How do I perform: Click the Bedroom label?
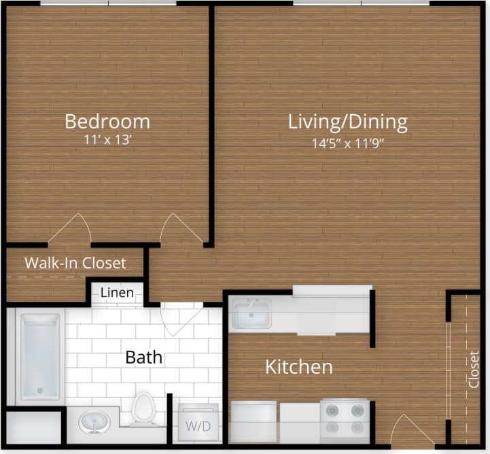pyautogui.click(x=107, y=122)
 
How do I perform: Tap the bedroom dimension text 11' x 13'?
pyautogui.click(x=107, y=141)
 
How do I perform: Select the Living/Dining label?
pyautogui.click(x=347, y=122)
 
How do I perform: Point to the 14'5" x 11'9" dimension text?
pyautogui.click(x=347, y=143)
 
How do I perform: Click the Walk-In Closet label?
pyautogui.click(x=75, y=262)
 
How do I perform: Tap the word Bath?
pyautogui.click(x=143, y=357)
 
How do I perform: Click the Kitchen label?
pyautogui.click(x=298, y=368)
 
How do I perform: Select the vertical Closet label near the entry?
pyautogui.click(x=474, y=369)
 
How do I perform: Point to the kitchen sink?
pyautogui.click(x=250, y=313)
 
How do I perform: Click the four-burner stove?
pyautogui.click(x=344, y=417)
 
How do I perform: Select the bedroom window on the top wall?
pyautogui.click(x=109, y=3)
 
